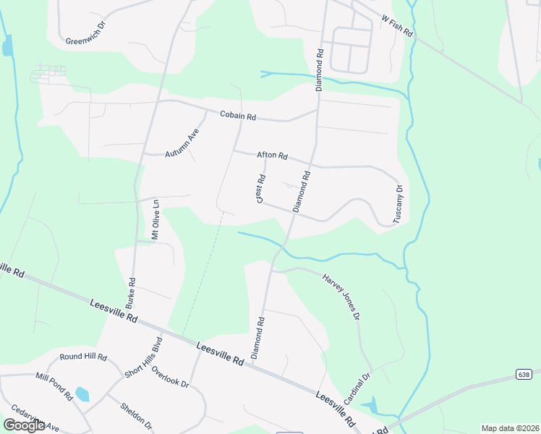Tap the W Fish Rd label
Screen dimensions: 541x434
396,26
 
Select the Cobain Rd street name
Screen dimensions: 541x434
238,116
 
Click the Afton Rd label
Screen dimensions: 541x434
272,156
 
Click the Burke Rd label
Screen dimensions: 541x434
131,289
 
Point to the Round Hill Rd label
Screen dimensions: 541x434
83,357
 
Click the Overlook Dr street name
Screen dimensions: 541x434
170,378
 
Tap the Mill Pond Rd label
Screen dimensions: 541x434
55,387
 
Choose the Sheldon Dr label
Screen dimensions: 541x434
136,414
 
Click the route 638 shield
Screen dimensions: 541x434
524,374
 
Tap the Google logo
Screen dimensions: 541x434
24,425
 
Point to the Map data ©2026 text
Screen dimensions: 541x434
510,428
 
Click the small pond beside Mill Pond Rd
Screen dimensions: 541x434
82,394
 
